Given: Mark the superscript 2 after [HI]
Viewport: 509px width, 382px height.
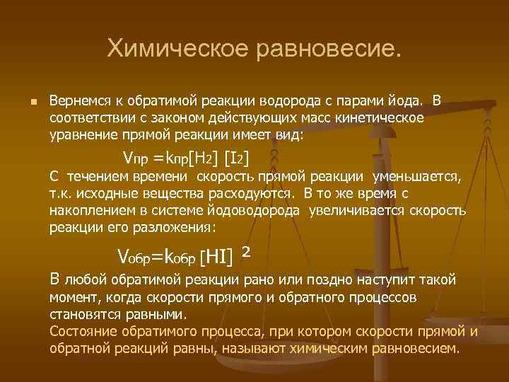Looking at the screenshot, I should coord(246,250).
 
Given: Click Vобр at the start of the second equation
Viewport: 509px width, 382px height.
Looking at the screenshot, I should coord(138,255).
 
